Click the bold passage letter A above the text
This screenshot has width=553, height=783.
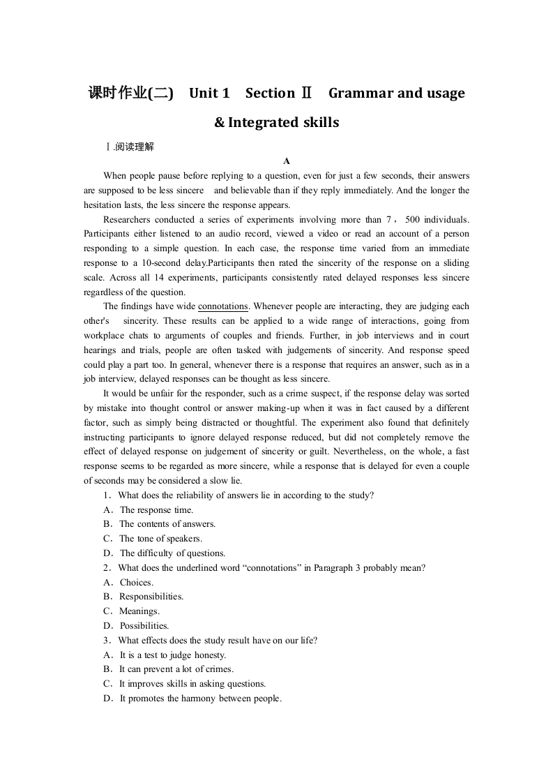(x=287, y=161)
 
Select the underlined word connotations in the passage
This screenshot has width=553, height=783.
(x=223, y=306)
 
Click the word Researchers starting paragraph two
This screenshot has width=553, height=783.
(x=130, y=219)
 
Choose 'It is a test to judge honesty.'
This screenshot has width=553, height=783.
(x=172, y=655)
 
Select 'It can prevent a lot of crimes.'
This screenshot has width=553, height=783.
(x=176, y=669)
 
